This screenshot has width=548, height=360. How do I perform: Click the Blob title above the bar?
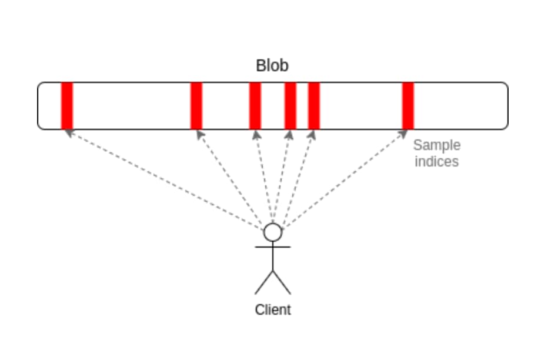click(x=272, y=65)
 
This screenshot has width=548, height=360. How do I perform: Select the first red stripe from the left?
click(x=67, y=106)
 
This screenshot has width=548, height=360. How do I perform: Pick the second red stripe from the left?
click(x=196, y=106)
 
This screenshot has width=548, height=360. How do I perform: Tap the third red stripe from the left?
click(x=255, y=106)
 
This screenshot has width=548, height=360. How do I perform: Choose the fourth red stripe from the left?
click(x=290, y=106)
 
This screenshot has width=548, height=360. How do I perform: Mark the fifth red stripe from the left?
click(x=314, y=106)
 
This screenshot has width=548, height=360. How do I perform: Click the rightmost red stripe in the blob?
click(x=408, y=106)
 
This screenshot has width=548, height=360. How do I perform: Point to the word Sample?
click(x=437, y=145)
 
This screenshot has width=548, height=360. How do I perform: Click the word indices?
click(x=436, y=161)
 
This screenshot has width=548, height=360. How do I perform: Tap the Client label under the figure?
click(x=273, y=309)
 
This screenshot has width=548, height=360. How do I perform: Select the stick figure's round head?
click(x=273, y=232)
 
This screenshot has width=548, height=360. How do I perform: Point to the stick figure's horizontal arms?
click(x=273, y=247)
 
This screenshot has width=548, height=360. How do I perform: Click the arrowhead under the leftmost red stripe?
click(x=69, y=133)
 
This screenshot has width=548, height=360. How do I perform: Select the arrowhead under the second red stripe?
click(x=200, y=134)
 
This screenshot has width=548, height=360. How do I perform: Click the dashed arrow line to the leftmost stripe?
click(x=165, y=179)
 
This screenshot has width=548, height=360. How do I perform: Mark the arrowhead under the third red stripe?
click(x=256, y=134)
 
